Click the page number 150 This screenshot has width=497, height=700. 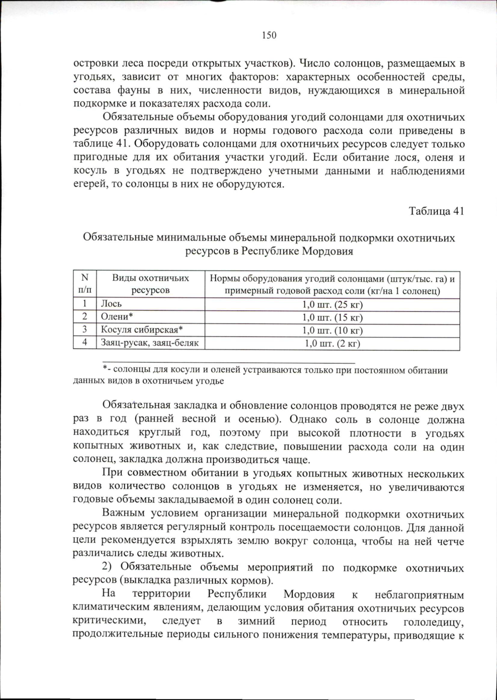(x=269, y=36)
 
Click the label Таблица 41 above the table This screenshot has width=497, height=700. (x=436, y=211)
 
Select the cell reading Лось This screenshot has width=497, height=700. (x=111, y=304)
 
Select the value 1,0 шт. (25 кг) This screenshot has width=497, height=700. (x=332, y=305)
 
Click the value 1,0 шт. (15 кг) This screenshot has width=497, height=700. (x=332, y=318)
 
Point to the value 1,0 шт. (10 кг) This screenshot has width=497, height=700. (x=332, y=330)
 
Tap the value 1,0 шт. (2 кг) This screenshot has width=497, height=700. (x=332, y=344)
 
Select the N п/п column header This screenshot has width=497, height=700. (x=84, y=284)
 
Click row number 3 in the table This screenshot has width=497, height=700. (x=84, y=330)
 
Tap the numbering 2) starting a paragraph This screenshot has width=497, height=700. (x=108, y=567)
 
